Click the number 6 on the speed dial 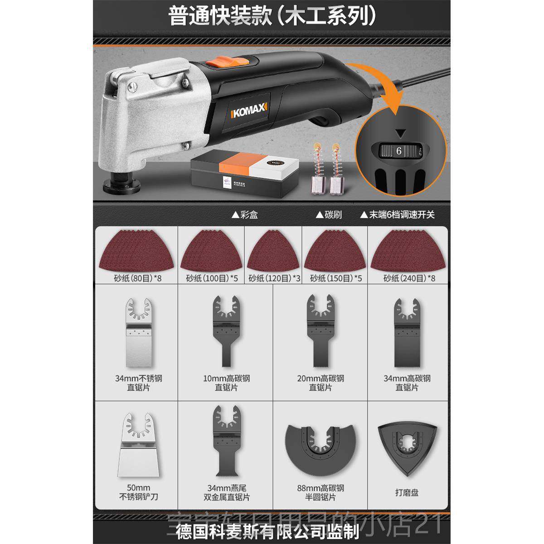point(399,151)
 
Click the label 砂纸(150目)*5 point(335,278)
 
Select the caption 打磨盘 point(407,492)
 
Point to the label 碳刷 point(330,214)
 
